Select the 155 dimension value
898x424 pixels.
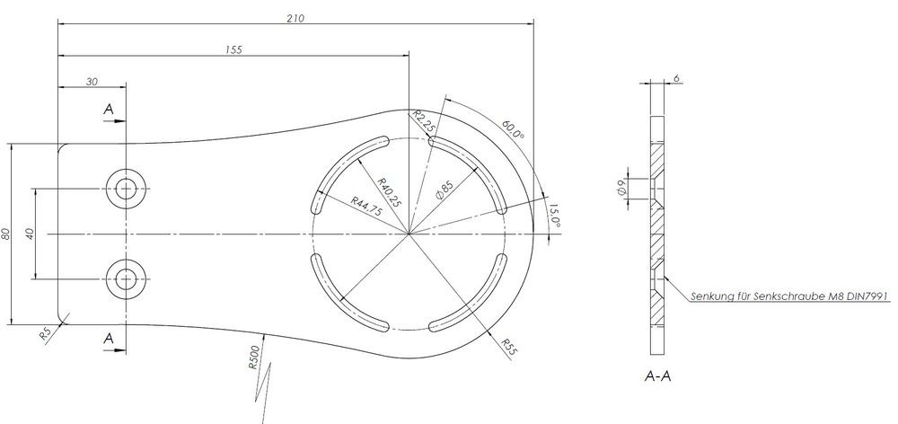point(233,50)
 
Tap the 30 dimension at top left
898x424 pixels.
point(92,81)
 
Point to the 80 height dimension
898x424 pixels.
point(6,234)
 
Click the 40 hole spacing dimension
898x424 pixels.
point(30,234)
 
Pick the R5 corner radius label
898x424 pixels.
point(47,333)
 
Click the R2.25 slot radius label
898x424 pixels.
point(424,121)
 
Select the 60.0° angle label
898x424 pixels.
point(513,130)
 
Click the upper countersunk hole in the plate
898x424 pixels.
point(125,189)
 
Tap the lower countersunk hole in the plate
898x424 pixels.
point(125,278)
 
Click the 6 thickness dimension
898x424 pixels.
point(675,79)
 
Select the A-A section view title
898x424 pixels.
point(658,376)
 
